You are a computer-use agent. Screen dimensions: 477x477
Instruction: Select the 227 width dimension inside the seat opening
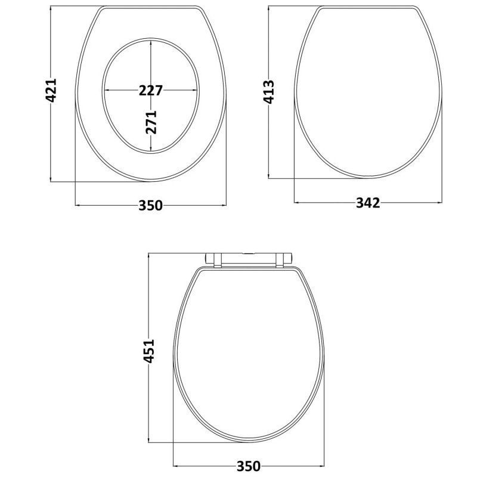[151, 91]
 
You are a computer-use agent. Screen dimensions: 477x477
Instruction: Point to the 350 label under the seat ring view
[151, 206]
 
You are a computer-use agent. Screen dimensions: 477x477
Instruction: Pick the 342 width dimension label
[368, 203]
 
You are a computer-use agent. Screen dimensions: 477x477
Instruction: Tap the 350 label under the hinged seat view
[249, 466]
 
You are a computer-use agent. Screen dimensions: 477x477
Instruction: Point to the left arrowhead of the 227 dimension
[107, 91]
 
